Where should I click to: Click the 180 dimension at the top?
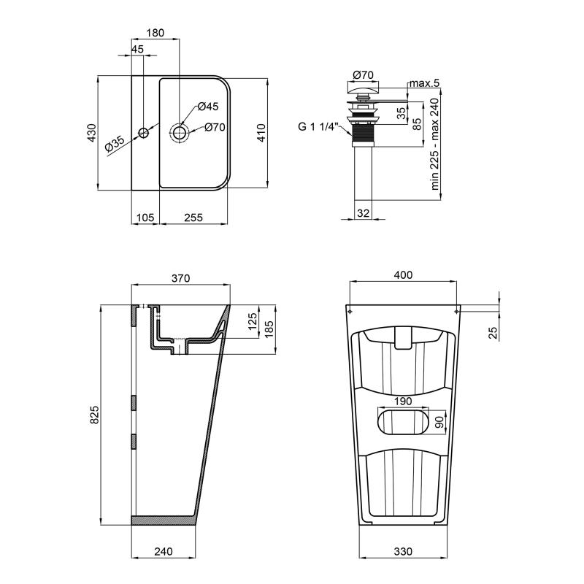coord(155,33)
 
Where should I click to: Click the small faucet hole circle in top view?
coord(144,133)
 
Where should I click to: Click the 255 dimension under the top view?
coord(193,217)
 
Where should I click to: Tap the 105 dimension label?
coord(145,217)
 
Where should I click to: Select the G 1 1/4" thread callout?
coord(317,126)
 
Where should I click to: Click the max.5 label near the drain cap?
coord(423,83)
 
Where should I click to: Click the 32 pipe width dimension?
coord(363,212)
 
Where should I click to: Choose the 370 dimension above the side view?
coord(180,278)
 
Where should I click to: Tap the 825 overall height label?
coord(93,414)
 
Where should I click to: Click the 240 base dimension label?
coord(164,551)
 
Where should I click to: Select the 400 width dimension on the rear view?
coord(403,275)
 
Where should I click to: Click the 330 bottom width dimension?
coord(403,551)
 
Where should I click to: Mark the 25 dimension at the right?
coord(493,332)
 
